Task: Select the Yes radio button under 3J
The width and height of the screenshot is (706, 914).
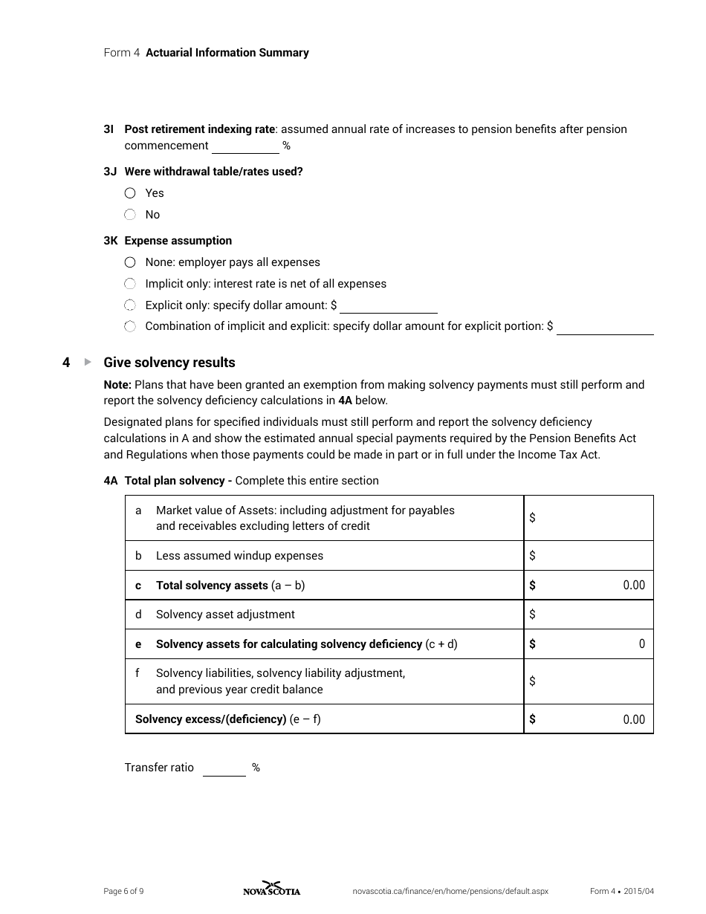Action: [x=130, y=193]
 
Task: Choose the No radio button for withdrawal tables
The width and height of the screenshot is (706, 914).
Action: [x=130, y=215]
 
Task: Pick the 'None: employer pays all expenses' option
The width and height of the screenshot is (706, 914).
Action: [x=130, y=262]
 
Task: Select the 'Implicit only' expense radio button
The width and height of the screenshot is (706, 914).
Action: [x=130, y=284]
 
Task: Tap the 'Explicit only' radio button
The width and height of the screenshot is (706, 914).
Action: [x=130, y=305]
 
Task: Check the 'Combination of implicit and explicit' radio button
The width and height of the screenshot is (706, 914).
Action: [x=130, y=326]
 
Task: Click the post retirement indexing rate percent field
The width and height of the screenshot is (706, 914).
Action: [x=245, y=146]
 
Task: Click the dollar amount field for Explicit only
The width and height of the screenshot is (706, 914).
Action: [x=388, y=305]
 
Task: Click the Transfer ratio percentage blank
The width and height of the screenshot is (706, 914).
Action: [x=224, y=768]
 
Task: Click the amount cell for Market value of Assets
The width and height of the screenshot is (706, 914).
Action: [x=589, y=518]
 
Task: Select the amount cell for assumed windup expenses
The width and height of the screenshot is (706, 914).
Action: [x=589, y=556]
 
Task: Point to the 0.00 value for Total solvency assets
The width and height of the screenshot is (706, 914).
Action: [x=633, y=586]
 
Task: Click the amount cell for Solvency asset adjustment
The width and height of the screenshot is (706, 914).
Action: [x=589, y=615]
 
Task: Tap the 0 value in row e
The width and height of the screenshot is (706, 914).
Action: [x=641, y=644]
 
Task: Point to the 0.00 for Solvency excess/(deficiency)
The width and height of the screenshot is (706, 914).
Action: [x=633, y=719]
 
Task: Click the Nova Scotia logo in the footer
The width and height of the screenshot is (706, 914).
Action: [x=272, y=889]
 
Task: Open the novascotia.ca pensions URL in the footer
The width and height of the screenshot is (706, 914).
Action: [x=450, y=892]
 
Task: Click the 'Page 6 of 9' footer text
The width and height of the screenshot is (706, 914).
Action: [x=123, y=892]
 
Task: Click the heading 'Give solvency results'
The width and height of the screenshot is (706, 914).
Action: [x=169, y=363]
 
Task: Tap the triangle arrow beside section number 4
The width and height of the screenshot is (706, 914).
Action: [x=88, y=362]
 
